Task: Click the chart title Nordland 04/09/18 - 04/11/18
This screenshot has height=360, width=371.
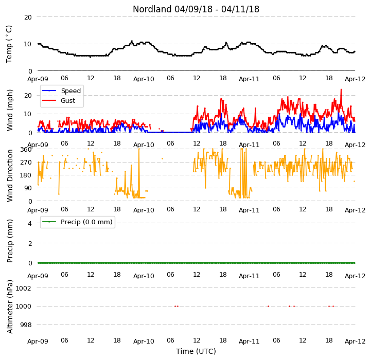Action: point(196,9)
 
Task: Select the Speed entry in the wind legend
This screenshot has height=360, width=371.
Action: point(70,91)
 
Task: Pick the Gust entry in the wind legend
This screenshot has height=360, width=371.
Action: point(68,100)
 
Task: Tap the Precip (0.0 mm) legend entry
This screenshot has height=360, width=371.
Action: point(86,222)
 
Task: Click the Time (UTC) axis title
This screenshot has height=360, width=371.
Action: point(196,351)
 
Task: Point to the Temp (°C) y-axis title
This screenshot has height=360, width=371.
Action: point(9,44)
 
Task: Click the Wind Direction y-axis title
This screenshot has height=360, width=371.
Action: point(10,175)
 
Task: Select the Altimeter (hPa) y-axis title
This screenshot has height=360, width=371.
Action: point(10,307)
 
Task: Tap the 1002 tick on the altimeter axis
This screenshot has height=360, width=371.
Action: point(23,288)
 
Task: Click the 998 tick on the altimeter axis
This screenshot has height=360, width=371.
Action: point(26,325)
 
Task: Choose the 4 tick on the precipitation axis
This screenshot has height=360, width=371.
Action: point(29,223)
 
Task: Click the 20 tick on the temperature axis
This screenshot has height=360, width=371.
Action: point(28,17)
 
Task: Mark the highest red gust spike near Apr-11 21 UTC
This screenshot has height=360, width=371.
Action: point(341,89)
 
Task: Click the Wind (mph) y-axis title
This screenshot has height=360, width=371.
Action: point(10,110)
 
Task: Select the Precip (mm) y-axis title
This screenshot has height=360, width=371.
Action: point(10,241)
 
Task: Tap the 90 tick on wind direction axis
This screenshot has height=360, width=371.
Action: point(28,188)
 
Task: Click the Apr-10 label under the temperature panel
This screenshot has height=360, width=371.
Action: point(144,79)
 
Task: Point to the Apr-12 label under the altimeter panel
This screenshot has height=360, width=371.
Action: point(355,341)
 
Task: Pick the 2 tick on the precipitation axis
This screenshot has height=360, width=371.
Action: point(30,243)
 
